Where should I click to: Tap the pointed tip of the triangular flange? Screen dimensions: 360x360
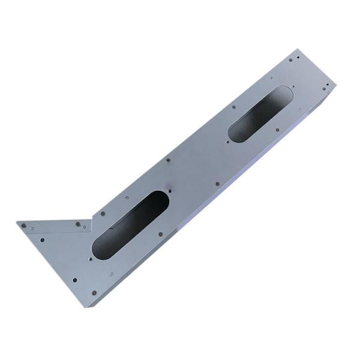[x=18, y=223]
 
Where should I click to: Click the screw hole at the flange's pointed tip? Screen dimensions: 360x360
[x=24, y=226]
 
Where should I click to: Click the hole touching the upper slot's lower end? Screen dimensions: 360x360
[x=229, y=142]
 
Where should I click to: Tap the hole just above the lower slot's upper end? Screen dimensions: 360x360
[x=170, y=191]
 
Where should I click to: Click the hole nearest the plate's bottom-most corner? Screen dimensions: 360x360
[x=93, y=293]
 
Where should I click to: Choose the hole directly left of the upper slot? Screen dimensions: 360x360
[x=233, y=108]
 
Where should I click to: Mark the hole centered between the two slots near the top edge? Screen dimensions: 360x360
[x=168, y=160]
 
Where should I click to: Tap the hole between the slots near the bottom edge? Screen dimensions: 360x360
[x=217, y=184]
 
